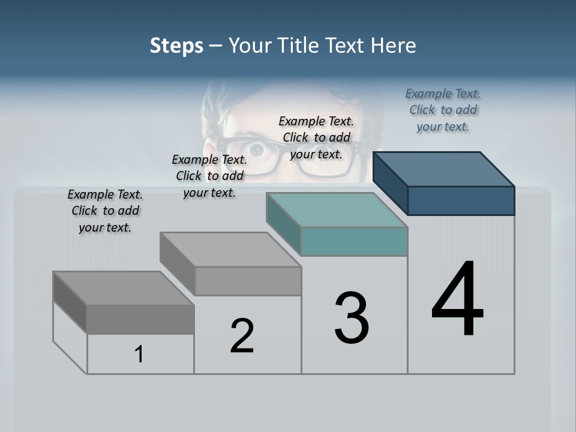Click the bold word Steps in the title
(176, 46)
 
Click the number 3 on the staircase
(352, 318)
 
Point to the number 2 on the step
(242, 336)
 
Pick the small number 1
(139, 355)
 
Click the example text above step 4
(443, 110)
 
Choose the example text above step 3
(316, 137)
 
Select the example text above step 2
(209, 176)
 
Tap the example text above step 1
(105, 211)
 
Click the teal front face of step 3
(354, 241)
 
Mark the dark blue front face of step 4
(461, 200)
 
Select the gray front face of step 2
(248, 281)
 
